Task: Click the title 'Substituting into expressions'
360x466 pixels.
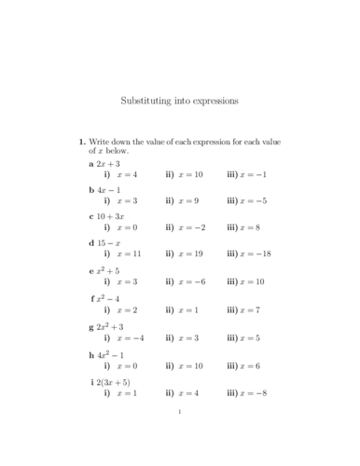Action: (x=180, y=98)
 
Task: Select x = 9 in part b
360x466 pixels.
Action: (x=190, y=200)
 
